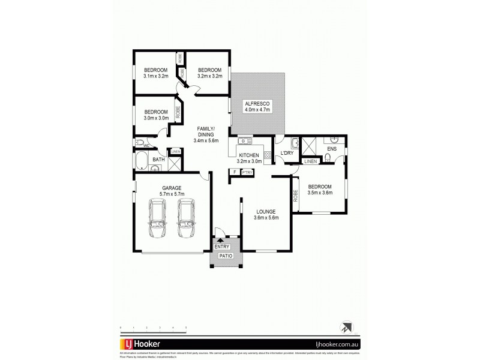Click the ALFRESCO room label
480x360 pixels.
pyautogui.click(x=258, y=104)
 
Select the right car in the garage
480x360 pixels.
pyautogui.click(x=187, y=220)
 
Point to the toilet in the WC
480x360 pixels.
pyautogui.click(x=139, y=143)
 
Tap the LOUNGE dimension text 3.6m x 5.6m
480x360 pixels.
pyautogui.click(x=265, y=218)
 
